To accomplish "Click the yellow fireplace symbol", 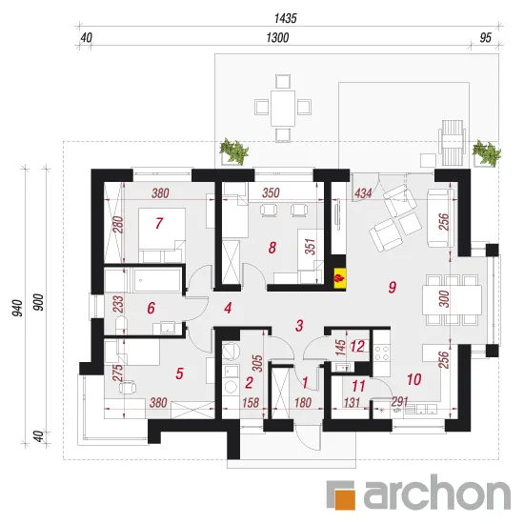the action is tap(339, 277).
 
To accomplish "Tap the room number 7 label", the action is tap(159, 223).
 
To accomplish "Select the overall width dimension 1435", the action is tap(286, 18).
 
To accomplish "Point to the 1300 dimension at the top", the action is tap(277, 38).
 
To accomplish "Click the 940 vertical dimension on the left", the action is tap(18, 308).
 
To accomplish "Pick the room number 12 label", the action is tap(357, 347).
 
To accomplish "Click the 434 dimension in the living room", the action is tap(363, 192).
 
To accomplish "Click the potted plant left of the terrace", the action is tap(234, 152).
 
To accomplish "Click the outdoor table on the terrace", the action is tap(283, 108).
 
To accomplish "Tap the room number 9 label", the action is tap(393, 287).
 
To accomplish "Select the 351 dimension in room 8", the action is tap(311, 247).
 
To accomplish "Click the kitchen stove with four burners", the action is tap(382, 353).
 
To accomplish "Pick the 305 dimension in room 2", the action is tap(257, 363).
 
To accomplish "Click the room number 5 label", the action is tap(179, 373).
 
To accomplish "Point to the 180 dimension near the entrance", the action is tap(303, 403).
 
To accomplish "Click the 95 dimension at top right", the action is tap(486, 38).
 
